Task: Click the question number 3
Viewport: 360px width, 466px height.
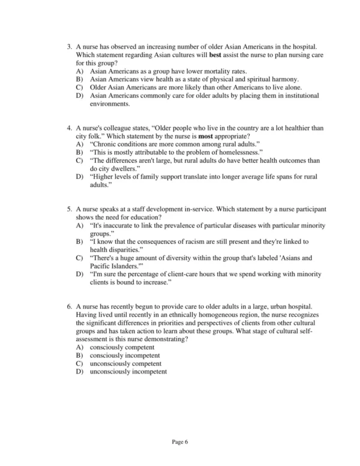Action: tap(70, 47)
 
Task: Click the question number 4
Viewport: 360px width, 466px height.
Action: tap(70, 128)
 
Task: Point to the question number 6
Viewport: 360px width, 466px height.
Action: tap(70, 307)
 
